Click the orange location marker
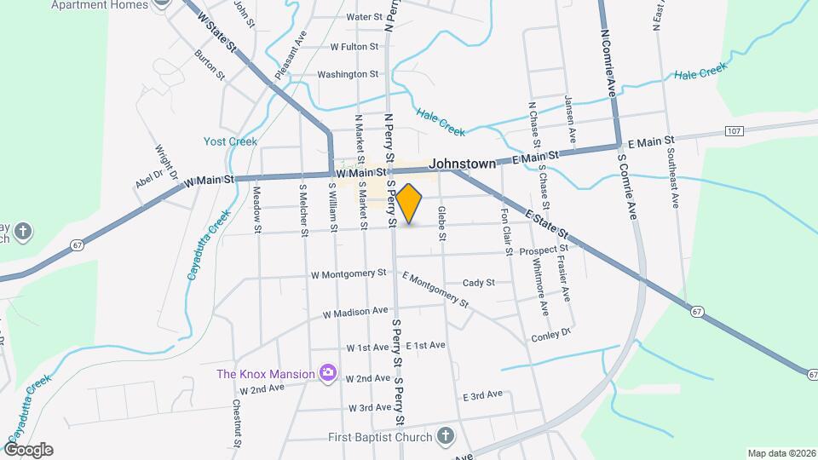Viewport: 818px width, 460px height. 409,203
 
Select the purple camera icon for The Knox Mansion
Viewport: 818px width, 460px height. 326,372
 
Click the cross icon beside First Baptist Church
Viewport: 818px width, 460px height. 444,437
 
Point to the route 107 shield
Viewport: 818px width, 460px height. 734,130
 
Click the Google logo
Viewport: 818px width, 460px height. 27,450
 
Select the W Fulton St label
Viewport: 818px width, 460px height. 354,47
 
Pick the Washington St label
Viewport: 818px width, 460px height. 348,75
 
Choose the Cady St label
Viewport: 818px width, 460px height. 479,282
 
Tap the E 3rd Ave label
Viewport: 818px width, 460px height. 482,396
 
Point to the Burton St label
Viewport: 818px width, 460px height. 210,65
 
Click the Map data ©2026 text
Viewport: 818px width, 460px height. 781,453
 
